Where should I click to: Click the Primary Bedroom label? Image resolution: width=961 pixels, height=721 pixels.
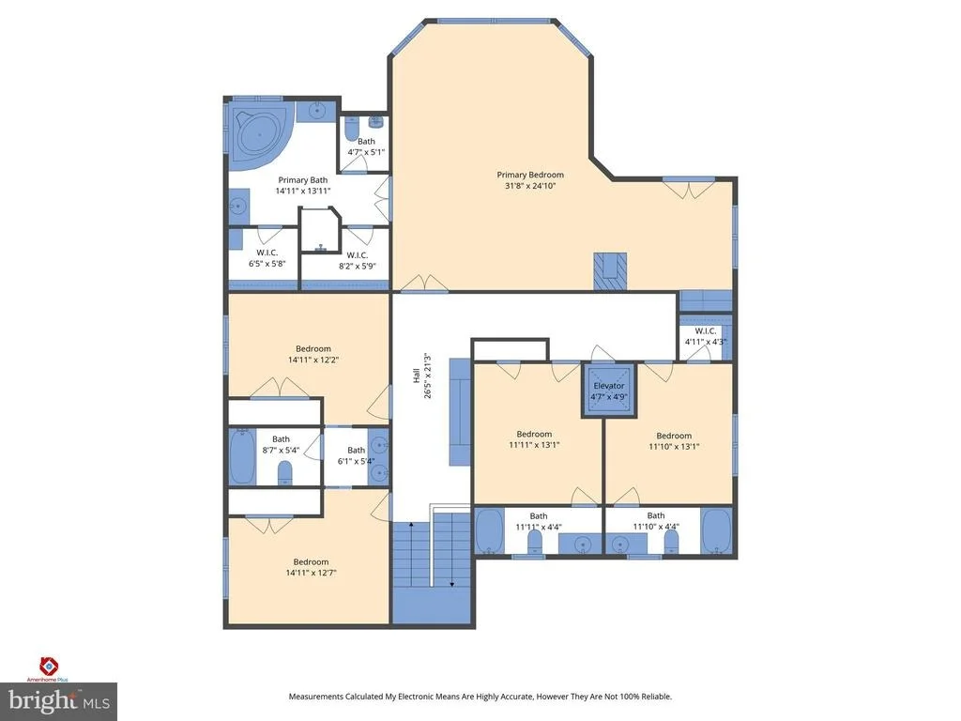pyautogui.click(x=530, y=179)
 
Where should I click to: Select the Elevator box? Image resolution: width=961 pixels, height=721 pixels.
pyautogui.click(x=608, y=391)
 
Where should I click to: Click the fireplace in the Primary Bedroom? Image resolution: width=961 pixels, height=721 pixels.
pyautogui.click(x=610, y=271)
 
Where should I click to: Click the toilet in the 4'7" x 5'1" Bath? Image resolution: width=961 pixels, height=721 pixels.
pyautogui.click(x=352, y=129)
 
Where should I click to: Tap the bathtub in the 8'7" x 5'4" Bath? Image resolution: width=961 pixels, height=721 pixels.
pyautogui.click(x=243, y=457)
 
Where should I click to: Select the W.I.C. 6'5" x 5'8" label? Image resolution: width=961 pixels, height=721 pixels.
pyautogui.click(x=267, y=258)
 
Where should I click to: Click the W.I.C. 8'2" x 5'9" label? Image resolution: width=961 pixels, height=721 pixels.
pyautogui.click(x=358, y=261)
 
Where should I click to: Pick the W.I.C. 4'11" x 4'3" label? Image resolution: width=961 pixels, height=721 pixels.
pyautogui.click(x=706, y=336)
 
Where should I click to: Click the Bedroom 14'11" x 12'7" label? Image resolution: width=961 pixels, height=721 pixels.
pyautogui.click(x=312, y=567)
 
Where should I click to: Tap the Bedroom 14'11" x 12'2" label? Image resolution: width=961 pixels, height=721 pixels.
pyautogui.click(x=313, y=354)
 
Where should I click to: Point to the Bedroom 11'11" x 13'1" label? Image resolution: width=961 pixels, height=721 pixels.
pyautogui.click(x=534, y=439)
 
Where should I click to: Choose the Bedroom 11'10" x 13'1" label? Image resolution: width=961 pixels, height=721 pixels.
pyautogui.click(x=674, y=441)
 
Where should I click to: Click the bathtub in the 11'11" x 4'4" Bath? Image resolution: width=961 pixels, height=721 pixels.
pyautogui.click(x=490, y=531)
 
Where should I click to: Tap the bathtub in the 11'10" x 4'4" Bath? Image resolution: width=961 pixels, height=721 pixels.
pyautogui.click(x=716, y=530)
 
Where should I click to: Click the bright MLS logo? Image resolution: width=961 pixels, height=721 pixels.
pyautogui.click(x=59, y=700)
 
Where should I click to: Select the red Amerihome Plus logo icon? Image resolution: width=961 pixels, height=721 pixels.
pyautogui.click(x=49, y=666)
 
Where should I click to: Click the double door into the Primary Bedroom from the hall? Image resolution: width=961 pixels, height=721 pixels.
pyautogui.click(x=425, y=284)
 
